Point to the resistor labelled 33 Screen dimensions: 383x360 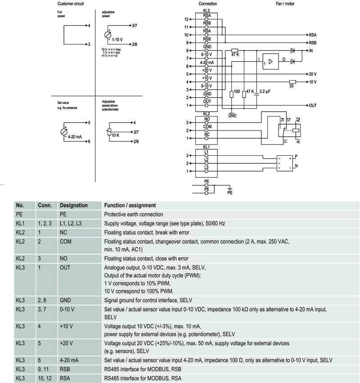point(292,81)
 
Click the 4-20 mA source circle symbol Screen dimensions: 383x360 point(63,132)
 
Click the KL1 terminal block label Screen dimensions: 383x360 point(207,147)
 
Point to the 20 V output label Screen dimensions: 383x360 point(312,74)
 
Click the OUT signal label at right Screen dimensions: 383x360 point(313,105)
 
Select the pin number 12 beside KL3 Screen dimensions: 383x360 point(186,19)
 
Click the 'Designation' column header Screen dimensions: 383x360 point(74,205)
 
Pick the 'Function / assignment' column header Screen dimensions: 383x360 point(130,205)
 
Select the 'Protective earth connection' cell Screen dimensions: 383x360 point(134,215)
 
